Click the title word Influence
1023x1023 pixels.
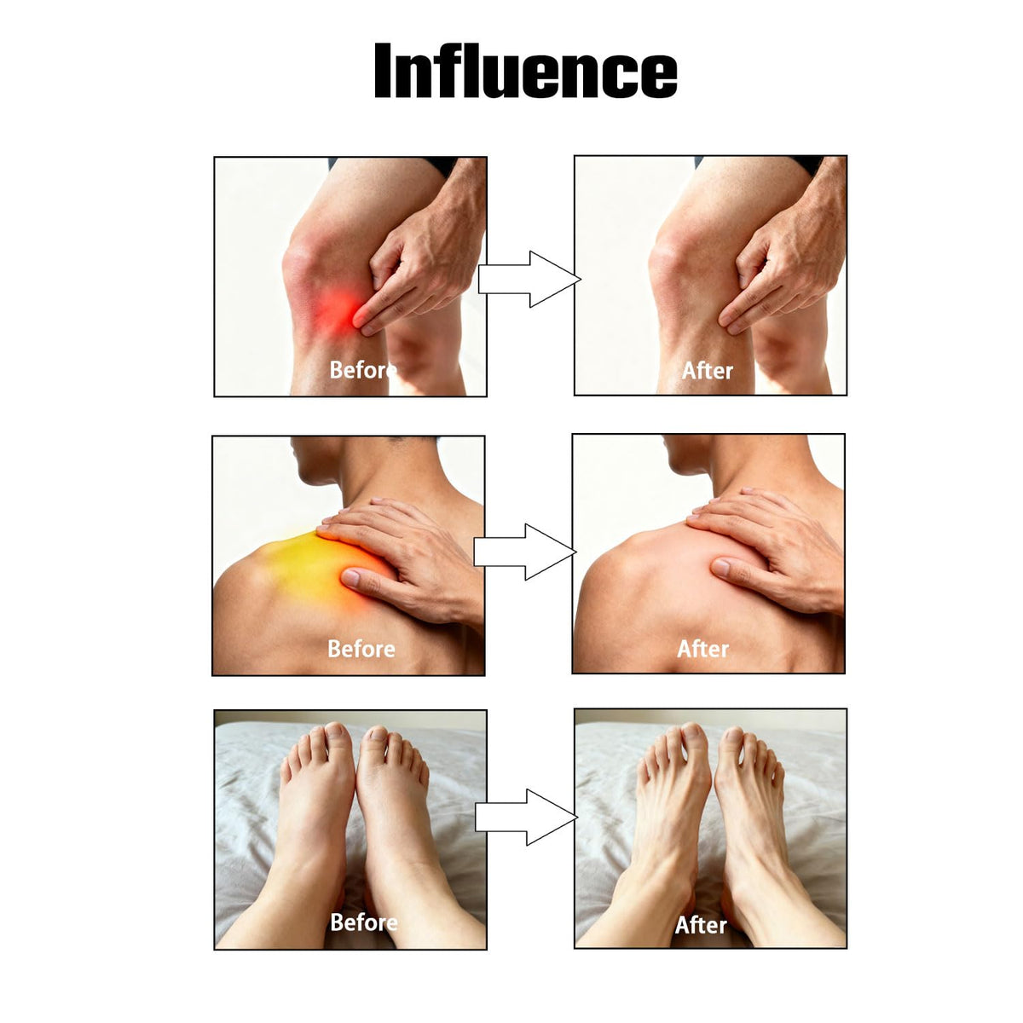tap(526, 71)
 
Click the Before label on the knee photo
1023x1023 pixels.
tap(363, 370)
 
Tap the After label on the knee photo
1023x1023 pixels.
tap(707, 371)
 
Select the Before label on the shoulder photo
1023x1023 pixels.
tap(361, 650)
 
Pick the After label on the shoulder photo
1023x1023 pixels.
tap(702, 650)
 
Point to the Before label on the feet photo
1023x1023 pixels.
tap(364, 922)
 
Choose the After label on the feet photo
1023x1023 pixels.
tap(700, 925)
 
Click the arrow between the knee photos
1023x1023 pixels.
tap(529, 280)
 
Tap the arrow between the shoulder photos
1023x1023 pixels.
tap(524, 552)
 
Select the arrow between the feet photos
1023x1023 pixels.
tap(526, 817)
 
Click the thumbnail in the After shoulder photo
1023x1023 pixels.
tap(720, 567)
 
